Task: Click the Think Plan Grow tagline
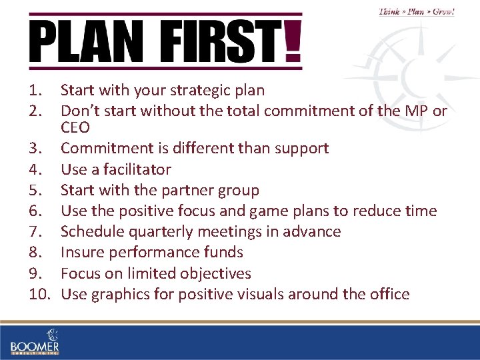coord(416,11)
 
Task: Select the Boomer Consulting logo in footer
coord(35,341)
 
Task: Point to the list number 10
coord(41,294)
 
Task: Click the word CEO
coord(75,127)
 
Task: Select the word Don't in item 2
coord(79,111)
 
